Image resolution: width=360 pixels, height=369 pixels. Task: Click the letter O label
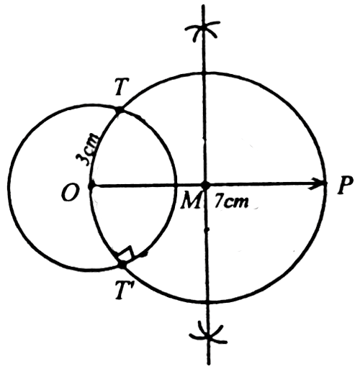tap(69, 193)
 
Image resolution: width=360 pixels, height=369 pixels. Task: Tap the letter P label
tap(345, 185)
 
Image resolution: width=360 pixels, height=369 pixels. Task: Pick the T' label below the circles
tap(122, 291)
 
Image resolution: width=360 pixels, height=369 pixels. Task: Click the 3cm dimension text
tap(87, 150)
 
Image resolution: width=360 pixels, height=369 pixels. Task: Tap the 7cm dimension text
tap(231, 201)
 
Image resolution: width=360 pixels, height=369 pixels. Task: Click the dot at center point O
tap(91, 186)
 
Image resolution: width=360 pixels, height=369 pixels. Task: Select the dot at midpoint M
tap(205, 185)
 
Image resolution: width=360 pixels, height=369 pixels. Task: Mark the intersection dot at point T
tap(119, 110)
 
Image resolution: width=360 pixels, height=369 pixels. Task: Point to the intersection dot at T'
tap(122, 265)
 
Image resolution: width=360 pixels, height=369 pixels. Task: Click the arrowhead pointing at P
tap(317, 184)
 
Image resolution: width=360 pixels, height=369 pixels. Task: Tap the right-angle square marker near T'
tap(125, 254)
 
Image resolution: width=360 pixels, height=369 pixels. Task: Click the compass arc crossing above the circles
tap(204, 29)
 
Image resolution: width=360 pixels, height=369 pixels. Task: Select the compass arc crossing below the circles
tap(208, 334)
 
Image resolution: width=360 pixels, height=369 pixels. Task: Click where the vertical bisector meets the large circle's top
tap(204, 72)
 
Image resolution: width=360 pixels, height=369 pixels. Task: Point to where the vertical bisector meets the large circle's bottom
tap(207, 302)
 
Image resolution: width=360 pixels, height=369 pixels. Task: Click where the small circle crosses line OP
tap(176, 185)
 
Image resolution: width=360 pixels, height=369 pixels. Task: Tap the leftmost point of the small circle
tap(9, 187)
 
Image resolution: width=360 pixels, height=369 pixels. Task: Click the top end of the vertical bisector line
tap(203, 5)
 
